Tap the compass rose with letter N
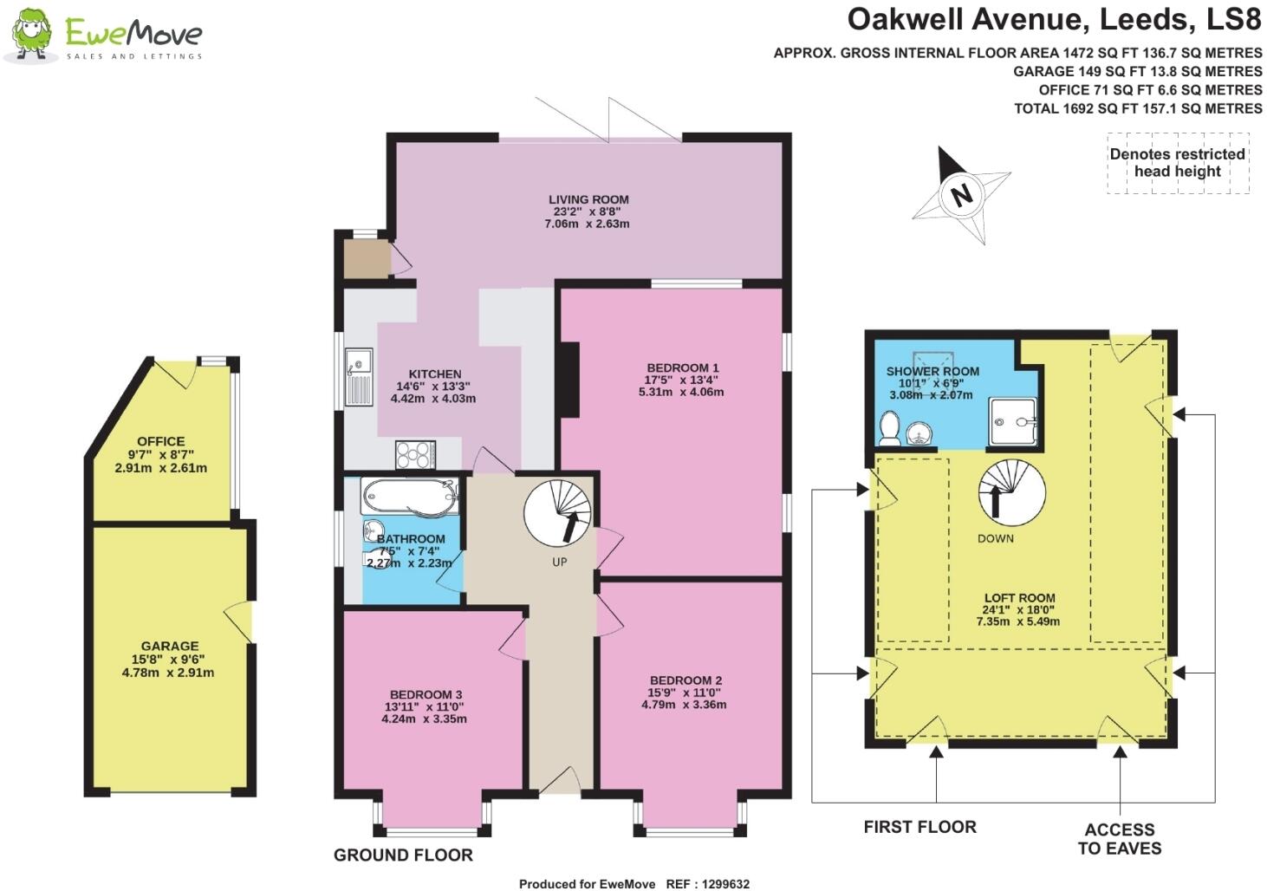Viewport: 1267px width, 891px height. point(960,195)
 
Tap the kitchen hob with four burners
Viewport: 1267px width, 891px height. point(415,454)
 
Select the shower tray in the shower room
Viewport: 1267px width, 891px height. point(1012,423)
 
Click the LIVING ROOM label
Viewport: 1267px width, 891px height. point(588,199)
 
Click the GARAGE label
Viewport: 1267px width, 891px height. point(170,646)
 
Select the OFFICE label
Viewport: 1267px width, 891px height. point(161,441)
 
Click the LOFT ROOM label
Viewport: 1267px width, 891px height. point(1019,598)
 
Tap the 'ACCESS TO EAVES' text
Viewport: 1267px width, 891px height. point(1119,839)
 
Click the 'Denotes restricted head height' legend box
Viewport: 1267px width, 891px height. point(1177,163)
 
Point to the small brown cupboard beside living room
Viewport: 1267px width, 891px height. point(365,258)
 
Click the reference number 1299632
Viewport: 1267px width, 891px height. point(721,884)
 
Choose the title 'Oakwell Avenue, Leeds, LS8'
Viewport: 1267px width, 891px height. point(1054,19)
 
